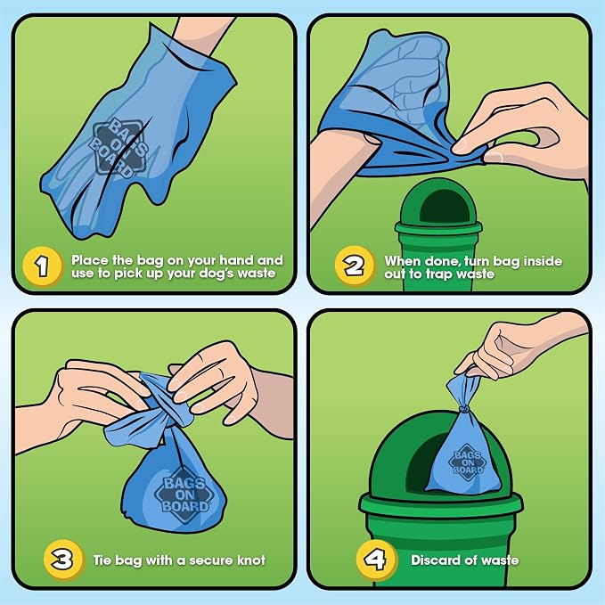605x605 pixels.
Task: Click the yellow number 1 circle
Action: point(42,266)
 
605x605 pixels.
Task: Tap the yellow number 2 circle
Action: point(355,266)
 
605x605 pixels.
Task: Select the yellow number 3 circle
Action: point(63,559)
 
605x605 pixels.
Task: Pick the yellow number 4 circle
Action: point(375,559)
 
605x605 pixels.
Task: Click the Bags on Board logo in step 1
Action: point(119,147)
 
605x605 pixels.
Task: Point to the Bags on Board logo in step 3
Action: point(184,495)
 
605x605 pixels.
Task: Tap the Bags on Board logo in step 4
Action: point(468,462)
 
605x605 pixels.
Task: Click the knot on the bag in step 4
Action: point(464,408)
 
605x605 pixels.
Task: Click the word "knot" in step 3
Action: point(250,560)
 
